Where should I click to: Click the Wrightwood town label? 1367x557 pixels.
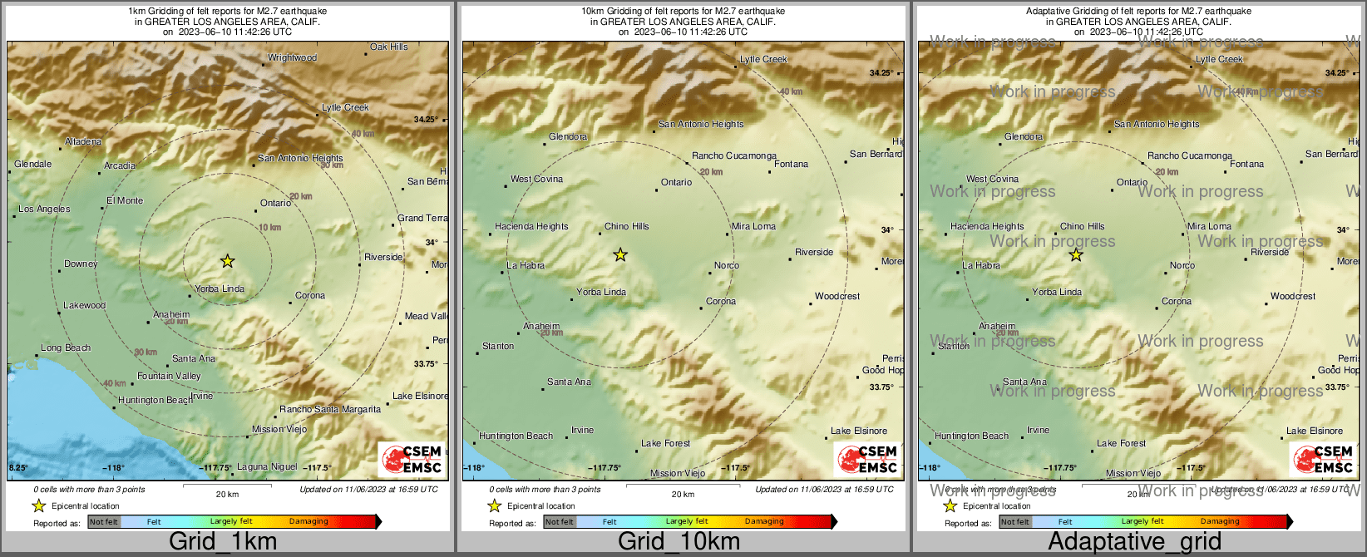292,58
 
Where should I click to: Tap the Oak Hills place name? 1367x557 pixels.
389,47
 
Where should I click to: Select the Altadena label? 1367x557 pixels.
83,142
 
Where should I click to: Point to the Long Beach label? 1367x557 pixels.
66,348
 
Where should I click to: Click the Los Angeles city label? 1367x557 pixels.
44,209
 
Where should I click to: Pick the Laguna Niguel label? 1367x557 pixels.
267,467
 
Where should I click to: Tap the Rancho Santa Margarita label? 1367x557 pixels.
330,410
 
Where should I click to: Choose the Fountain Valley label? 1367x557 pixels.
169,377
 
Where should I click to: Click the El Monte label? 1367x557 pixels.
125,201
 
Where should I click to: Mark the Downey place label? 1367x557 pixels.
81,264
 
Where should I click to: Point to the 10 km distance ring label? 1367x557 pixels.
269,228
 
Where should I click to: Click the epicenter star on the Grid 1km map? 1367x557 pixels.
227,262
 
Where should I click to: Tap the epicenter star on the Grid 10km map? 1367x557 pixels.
620,255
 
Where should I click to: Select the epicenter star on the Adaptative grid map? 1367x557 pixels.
1076,255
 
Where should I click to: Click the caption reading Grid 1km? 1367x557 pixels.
223,542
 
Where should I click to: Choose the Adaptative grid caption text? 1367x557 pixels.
1134,542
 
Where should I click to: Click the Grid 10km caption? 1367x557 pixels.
679,542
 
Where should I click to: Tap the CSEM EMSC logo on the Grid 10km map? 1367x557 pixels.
867,459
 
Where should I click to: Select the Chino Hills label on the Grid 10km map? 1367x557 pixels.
626,227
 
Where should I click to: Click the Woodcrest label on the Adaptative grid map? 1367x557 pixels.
1293,297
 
